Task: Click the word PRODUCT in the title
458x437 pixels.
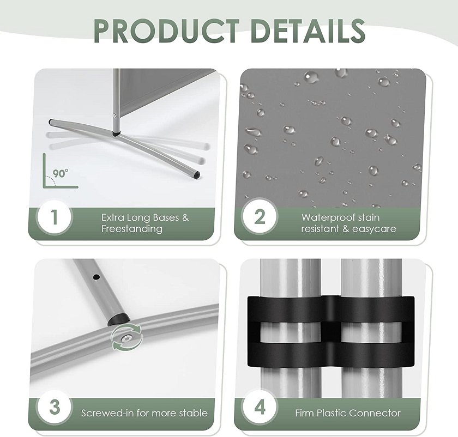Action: tap(166, 31)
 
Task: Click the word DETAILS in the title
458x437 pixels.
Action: tap(308, 31)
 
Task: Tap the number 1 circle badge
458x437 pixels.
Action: tap(54, 217)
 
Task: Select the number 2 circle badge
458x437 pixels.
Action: tap(260, 217)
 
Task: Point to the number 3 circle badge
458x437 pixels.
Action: tap(54, 408)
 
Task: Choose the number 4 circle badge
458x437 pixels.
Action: tap(260, 408)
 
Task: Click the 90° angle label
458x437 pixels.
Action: tap(61, 173)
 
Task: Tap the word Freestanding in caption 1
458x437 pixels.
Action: tap(132, 228)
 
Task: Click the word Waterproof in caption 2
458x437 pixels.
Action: tap(328, 217)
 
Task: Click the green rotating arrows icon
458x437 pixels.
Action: tap(128, 338)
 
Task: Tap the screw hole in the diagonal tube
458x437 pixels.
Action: tap(96, 277)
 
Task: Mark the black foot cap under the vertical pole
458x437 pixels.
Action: tap(117, 134)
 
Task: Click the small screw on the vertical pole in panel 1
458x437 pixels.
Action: tap(114, 116)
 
